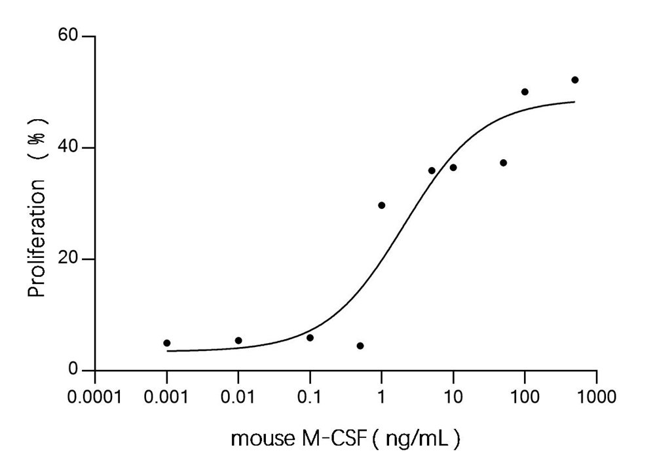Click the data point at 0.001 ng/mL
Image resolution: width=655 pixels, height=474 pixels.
167,343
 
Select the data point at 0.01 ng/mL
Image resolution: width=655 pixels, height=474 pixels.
238,340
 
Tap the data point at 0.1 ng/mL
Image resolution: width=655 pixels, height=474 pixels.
310,338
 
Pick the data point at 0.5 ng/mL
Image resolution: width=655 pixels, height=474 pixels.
360,346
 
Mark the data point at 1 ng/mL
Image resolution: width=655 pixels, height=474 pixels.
382,206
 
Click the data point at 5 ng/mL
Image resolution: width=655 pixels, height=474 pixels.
432,171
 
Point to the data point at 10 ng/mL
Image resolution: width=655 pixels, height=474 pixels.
453,168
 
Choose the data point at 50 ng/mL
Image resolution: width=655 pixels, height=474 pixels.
503,163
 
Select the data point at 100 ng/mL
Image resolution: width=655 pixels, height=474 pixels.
525,92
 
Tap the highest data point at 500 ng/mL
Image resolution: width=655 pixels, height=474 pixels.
575,80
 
